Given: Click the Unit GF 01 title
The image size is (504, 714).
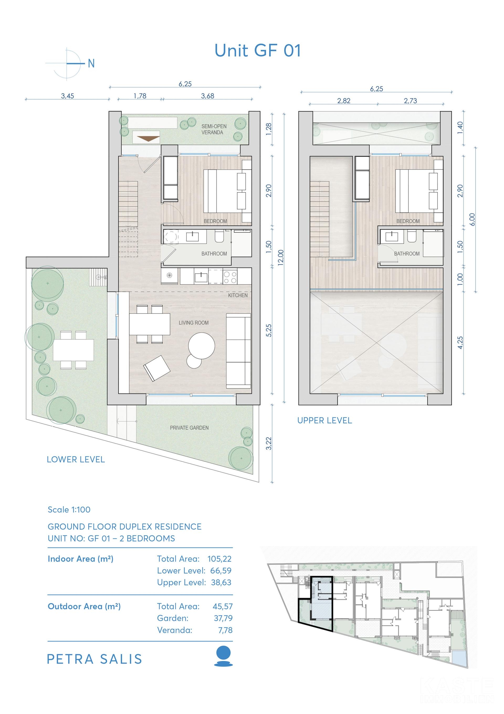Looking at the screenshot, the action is tap(258, 50).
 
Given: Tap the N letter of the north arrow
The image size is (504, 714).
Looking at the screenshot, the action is tap(91, 64).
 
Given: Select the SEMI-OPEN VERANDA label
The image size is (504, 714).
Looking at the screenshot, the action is tap(214, 129).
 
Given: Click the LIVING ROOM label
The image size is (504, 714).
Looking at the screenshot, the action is tap(193, 323).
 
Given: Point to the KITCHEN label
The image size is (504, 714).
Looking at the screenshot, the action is tap(238, 295).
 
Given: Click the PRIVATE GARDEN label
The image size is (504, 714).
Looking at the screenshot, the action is tap(189, 428).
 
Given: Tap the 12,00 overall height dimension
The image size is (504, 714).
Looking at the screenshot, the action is tap(281, 258).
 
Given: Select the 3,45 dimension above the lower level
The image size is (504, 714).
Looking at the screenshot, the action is tap(67, 96).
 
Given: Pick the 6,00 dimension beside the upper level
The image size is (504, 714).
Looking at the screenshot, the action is tap(472, 219).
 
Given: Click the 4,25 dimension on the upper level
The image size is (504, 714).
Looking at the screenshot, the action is tap(460, 342).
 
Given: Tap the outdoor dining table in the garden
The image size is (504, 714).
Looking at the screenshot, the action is tap(73, 350).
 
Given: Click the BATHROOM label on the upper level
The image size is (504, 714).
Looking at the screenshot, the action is tap(407, 254).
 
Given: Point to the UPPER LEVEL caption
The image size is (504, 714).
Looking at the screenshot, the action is tap(325, 421).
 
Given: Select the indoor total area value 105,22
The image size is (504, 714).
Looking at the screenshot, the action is tap(219, 559).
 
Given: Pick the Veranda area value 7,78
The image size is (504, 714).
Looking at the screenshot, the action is tap(225, 630).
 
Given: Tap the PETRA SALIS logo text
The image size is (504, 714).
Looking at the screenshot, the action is tap(94, 659).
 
